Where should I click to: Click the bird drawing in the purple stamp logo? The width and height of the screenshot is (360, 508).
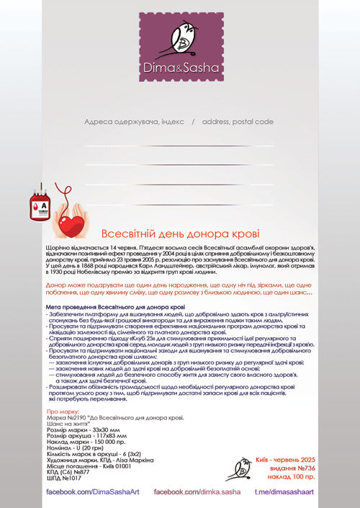tap(179, 35)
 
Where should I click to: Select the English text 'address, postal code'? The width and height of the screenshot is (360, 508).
tap(238, 122)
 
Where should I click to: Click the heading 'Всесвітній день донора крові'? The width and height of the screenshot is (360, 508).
tap(180, 234)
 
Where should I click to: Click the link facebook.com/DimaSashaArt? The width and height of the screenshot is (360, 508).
tap(92, 491)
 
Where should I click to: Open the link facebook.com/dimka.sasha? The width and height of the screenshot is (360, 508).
tap(197, 491)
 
